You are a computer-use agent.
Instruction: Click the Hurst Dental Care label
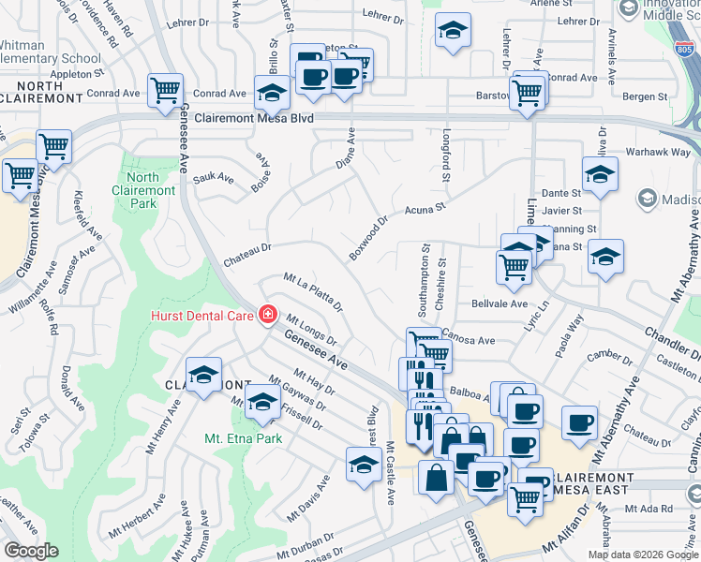[x=201, y=315]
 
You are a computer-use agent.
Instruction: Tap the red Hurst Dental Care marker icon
[x=269, y=314]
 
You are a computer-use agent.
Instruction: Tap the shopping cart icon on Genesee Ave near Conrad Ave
[x=165, y=91]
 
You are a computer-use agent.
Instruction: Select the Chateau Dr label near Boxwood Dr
[x=246, y=248]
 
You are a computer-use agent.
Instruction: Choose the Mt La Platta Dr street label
[x=313, y=291]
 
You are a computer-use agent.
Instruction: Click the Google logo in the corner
[x=31, y=551]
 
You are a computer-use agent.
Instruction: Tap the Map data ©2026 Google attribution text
[x=643, y=555]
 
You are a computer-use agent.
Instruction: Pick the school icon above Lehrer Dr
[x=453, y=31]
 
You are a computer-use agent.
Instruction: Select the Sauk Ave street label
[x=213, y=175]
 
